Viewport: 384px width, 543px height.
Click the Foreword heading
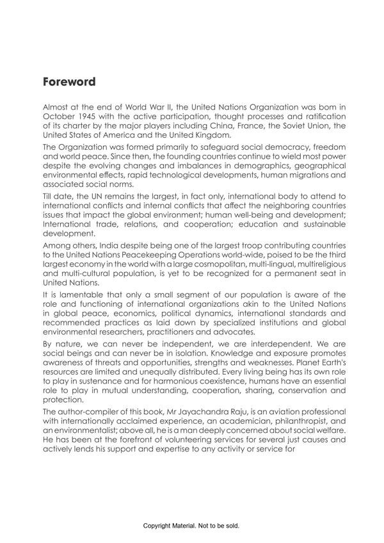tap(69, 82)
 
